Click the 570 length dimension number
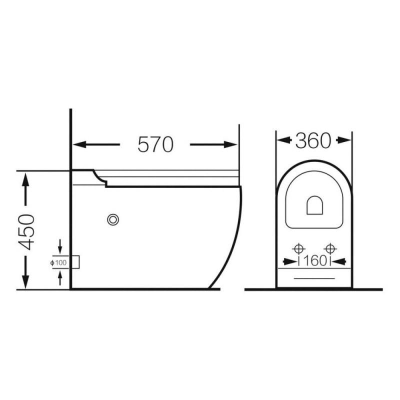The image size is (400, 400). tap(155, 144)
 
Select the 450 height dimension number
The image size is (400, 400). tap(26, 232)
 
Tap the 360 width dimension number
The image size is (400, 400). tap(313, 140)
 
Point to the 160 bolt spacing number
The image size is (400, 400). tap(315, 260)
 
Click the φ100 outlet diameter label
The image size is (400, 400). tap(58, 262)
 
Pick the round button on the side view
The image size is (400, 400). tap(113, 219)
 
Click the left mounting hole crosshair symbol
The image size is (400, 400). tap(298, 248)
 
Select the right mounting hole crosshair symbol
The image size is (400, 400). tap(330, 248)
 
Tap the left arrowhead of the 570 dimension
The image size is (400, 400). tap(79, 144)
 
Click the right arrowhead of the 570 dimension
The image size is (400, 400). tap(230, 144)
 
